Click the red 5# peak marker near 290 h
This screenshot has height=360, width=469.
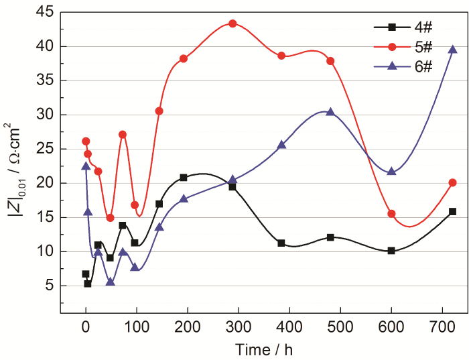pos(232,23)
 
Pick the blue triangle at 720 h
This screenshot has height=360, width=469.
pos(453,50)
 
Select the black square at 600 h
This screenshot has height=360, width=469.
pos(391,251)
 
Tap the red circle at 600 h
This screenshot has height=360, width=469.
pos(391,214)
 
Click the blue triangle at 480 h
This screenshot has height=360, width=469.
pos(330,112)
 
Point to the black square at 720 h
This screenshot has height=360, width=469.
pos(453,211)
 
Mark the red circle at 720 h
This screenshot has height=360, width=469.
pos(453,182)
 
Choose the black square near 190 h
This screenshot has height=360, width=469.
pos(183,178)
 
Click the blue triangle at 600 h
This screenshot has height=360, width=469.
pos(391,172)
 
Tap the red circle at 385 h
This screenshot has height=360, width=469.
pos(281,56)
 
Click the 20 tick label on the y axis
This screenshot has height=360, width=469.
pos(45,183)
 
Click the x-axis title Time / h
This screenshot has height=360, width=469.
pos(263,349)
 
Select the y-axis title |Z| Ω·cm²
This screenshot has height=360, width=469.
pos(15,161)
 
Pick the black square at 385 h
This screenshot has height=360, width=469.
pos(281,243)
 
